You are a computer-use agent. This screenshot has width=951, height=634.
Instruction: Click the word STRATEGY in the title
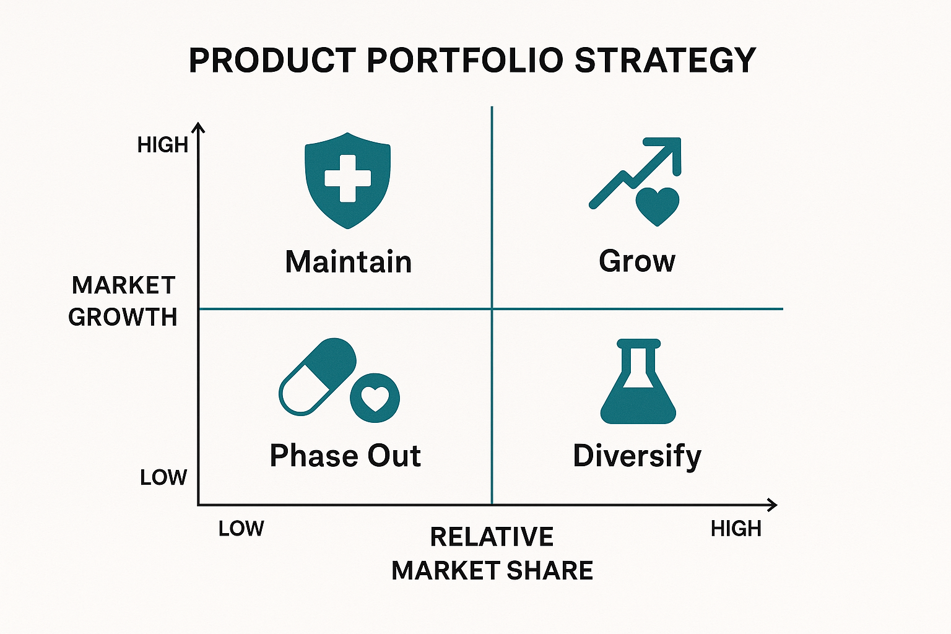pos(665,60)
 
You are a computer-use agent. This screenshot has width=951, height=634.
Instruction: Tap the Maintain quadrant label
pos(349,262)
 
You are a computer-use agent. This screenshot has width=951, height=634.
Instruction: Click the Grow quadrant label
pos(637,261)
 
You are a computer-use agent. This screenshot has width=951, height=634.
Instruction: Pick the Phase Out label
pos(345,456)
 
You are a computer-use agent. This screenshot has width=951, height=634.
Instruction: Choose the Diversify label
pos(637,456)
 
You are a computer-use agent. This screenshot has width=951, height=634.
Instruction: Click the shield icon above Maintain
pos(348,181)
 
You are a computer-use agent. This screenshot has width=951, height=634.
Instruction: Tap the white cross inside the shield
pos(348,178)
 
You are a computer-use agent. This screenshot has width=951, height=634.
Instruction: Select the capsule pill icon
pos(317,376)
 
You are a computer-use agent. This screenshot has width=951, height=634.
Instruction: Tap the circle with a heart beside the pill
pos(375,398)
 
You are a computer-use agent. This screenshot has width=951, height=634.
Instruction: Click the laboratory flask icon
pos(638,381)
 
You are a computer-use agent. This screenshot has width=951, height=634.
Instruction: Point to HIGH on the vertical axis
pos(163,145)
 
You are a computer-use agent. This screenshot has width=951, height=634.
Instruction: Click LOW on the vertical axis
pos(163,478)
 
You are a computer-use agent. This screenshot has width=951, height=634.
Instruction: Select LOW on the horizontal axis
pos(241,529)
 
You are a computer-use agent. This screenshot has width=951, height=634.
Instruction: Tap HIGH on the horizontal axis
pos(736,529)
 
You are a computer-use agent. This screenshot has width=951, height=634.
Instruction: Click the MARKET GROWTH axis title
pos(123,301)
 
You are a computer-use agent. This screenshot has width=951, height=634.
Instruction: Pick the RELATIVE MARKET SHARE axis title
pos(492,554)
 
